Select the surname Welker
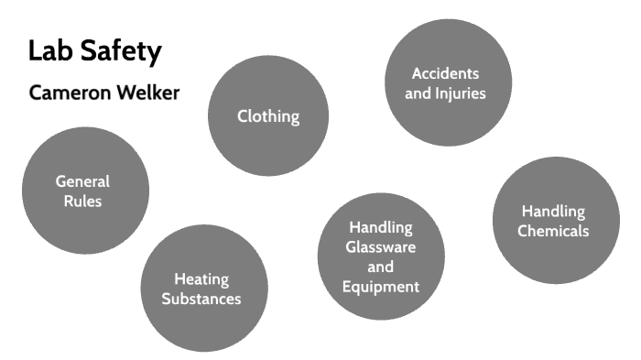(x=147, y=93)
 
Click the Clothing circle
(x=268, y=116)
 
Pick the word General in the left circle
(x=82, y=181)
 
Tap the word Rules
(x=82, y=201)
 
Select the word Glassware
(x=381, y=247)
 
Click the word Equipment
(x=381, y=287)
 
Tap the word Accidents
(x=445, y=73)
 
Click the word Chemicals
(x=553, y=231)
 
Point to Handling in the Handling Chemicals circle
(x=553, y=211)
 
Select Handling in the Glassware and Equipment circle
(x=381, y=227)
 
